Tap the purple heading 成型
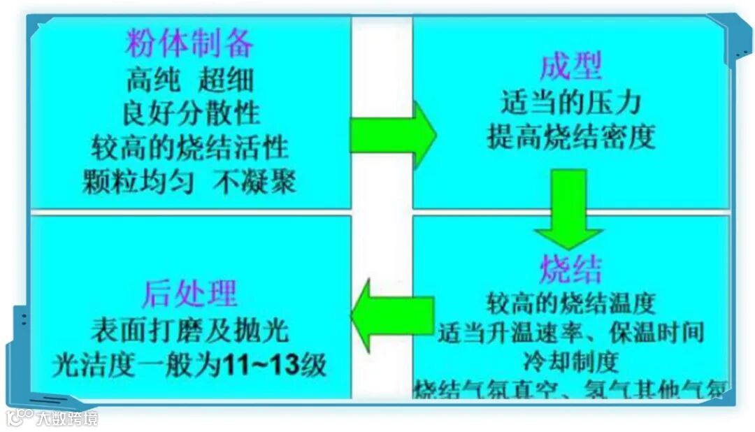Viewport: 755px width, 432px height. pos(570,67)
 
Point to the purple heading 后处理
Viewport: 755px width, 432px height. pos(189,294)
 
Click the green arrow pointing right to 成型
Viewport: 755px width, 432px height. pos(392,135)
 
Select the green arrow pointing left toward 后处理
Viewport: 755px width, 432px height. pos(391,315)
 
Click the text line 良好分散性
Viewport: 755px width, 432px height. pos(189,113)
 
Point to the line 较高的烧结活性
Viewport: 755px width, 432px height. pos(189,147)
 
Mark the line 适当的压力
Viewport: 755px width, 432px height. pos(570,103)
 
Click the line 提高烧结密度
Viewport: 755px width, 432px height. pos(570,138)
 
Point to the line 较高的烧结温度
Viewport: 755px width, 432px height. pos(570,303)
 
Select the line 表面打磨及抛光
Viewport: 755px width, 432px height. pos(189,330)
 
